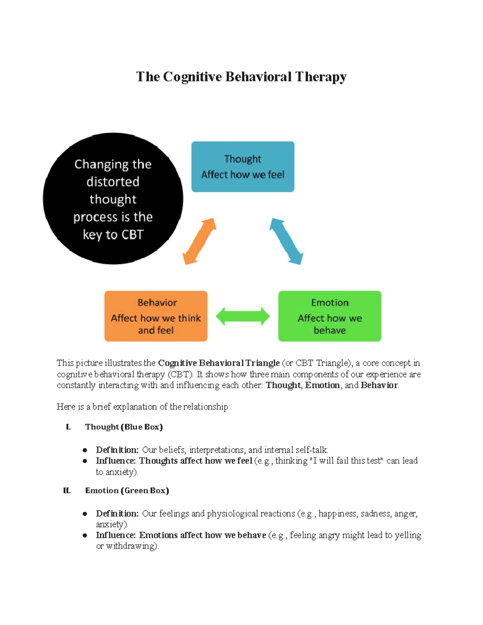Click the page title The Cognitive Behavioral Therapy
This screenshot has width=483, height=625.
[241, 76]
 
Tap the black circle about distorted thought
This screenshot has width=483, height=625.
[113, 198]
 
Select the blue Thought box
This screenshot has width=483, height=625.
[243, 167]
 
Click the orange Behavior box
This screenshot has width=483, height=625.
[156, 316]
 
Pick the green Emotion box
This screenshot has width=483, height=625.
[330, 316]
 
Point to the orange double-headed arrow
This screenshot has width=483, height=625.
[200, 241]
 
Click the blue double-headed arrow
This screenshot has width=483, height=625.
[286, 241]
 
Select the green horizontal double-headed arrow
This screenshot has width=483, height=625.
[243, 316]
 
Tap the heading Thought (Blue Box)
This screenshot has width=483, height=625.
[124, 427]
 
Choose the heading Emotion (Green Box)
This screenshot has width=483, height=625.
[127, 491]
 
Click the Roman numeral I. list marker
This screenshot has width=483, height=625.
[68, 427]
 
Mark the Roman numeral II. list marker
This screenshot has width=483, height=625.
[67, 491]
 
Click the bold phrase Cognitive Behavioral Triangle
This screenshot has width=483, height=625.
[219, 363]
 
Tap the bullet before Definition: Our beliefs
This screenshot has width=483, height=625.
[85, 450]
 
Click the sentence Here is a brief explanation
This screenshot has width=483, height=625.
[143, 407]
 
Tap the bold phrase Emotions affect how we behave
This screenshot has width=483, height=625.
[202, 535]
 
